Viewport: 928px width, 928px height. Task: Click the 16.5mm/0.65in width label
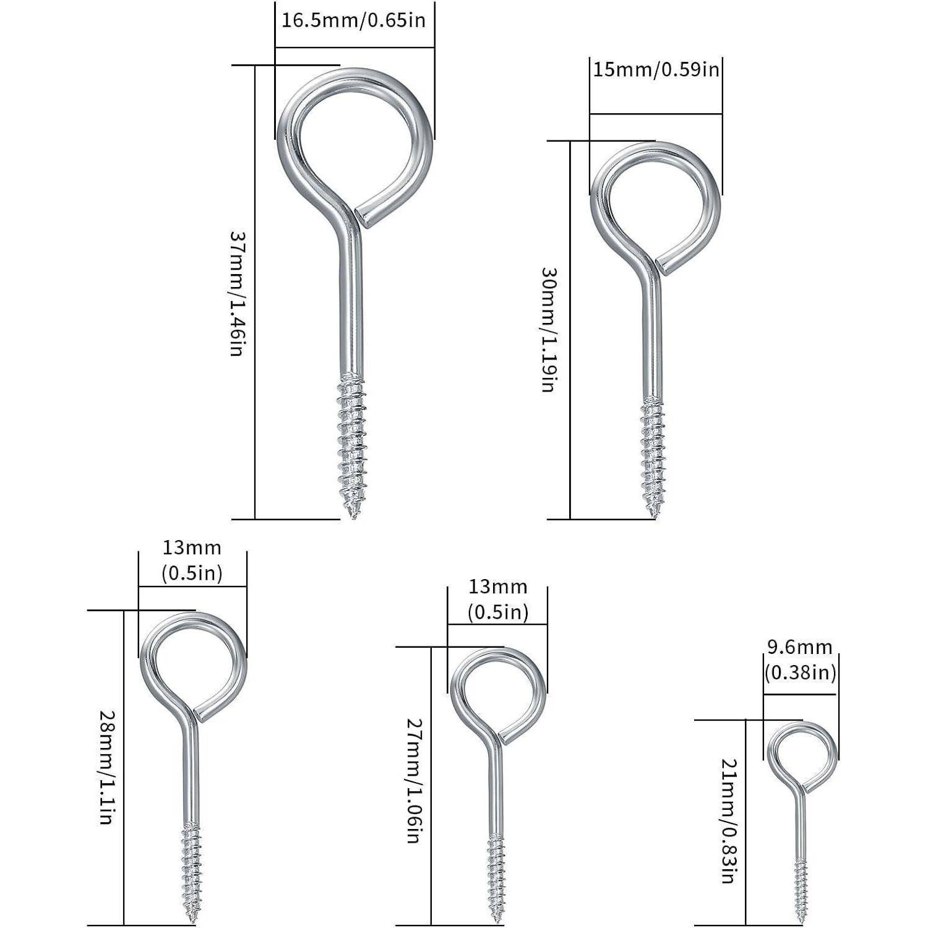tap(354, 20)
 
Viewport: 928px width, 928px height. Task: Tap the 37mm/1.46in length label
tap(239, 294)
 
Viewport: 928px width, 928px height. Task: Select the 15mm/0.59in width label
tap(656, 69)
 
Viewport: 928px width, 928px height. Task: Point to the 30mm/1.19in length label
tap(550, 330)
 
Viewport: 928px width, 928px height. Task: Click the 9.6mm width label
tap(800, 647)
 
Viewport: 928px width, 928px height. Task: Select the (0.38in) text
tap(800, 672)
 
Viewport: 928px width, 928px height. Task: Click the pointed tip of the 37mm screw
tap(353, 516)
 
